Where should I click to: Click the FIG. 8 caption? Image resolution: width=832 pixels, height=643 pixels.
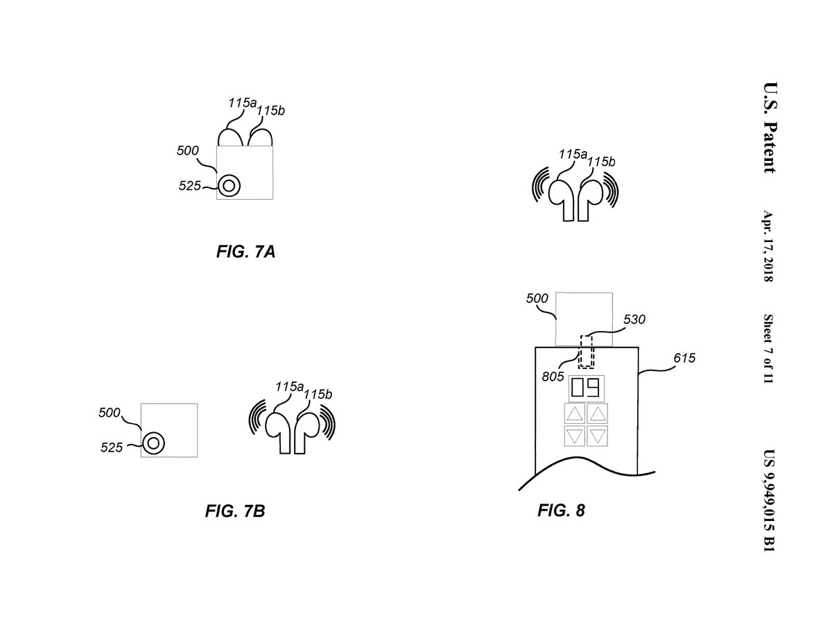point(561,511)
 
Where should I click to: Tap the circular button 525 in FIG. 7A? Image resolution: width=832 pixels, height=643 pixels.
point(229,185)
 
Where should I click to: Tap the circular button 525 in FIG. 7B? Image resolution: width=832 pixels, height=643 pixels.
point(153,443)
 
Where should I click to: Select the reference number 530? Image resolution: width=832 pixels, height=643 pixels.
point(634,320)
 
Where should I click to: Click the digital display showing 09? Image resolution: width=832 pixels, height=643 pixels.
point(585,388)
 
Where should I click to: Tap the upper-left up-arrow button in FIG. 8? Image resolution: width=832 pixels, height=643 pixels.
point(575,415)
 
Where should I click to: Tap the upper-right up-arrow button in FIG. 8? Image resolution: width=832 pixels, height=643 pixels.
point(598,415)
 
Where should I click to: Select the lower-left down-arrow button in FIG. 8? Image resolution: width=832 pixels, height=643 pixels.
point(575,436)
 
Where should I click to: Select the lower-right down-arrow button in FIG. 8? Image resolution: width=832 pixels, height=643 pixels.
point(598,436)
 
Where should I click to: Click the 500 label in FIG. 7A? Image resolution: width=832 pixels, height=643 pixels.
point(188,151)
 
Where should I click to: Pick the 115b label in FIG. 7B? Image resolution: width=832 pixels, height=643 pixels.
point(320,395)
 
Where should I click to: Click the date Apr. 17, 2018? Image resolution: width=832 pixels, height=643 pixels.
point(768,246)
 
